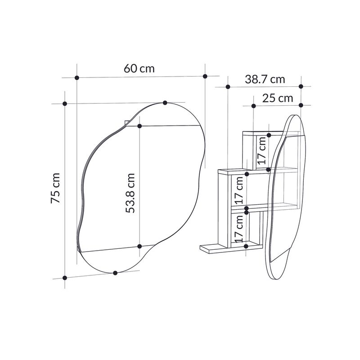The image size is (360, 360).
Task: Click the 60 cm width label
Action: pos(139,69)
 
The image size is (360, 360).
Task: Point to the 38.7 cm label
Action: pos(265,79)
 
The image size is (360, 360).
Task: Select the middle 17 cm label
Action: pos(239,189)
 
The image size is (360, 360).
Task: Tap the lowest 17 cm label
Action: pos(239,227)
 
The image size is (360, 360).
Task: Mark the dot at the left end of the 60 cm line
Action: pos(77,78)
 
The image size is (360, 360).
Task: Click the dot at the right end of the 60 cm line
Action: pos(205,76)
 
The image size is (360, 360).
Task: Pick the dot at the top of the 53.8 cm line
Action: pos(139,126)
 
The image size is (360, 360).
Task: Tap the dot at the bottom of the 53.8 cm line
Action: pos(139,246)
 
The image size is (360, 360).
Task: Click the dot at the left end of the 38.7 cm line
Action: pos(228,86)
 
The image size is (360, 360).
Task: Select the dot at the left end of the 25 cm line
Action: pos(253,106)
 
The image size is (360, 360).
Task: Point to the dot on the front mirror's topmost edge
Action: pos(165,103)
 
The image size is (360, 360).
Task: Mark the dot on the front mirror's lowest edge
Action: pos(116,273)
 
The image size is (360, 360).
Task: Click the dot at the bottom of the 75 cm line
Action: pos(65,278)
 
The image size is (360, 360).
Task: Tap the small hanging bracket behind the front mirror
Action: pos(126,122)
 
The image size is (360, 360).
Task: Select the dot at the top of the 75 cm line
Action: pos(65,104)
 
